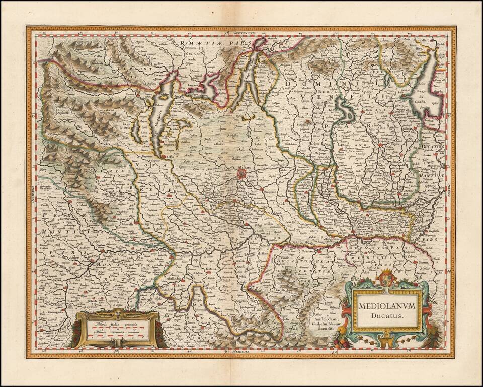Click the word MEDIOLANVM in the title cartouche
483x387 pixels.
point(387,305)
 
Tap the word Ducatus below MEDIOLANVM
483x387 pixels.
point(386,317)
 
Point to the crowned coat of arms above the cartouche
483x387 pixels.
point(386,278)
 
